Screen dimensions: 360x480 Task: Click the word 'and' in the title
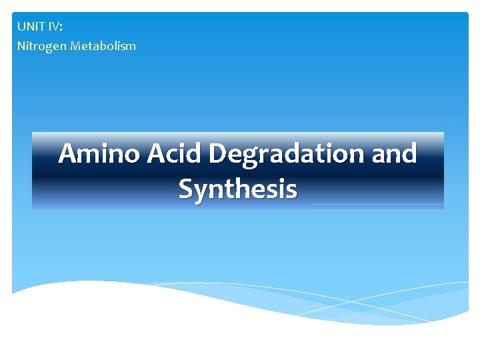click(393, 154)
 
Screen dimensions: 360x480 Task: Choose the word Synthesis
click(237, 189)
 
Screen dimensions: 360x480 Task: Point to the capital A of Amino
click(68, 154)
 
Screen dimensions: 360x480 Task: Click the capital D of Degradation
click(220, 154)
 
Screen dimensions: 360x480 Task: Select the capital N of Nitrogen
click(21, 46)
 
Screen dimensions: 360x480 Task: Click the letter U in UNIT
click(21, 27)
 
